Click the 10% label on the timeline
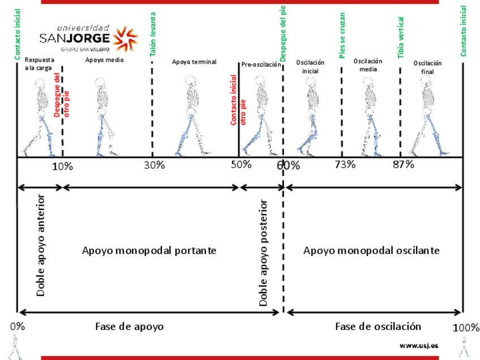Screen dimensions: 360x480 tap(62, 166)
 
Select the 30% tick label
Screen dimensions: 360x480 tap(154, 165)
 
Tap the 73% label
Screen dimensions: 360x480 tap(345, 165)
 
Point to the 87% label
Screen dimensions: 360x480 tap(404, 165)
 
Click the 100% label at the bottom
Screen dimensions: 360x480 tap(466, 328)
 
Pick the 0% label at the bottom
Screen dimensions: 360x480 tap(18, 327)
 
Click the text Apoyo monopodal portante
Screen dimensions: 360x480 tap(149, 250)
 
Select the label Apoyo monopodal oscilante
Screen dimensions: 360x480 tap(371, 250)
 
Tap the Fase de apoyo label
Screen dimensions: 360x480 tap(129, 327)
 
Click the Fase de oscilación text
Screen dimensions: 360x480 tap(378, 327)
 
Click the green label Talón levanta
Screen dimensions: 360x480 tap(153, 35)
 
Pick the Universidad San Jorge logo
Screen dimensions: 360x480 tap(88, 38)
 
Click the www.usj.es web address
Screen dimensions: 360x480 tap(419, 345)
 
